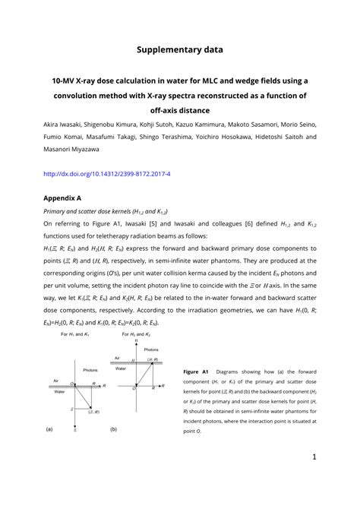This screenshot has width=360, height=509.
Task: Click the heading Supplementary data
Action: pos(180,49)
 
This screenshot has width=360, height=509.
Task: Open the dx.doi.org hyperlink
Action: pos(106,173)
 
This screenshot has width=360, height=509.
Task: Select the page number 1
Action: pos(313,457)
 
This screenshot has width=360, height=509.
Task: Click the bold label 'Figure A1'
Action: pos(198,371)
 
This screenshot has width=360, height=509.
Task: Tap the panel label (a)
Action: pos(49,429)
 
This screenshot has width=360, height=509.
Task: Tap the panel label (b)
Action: pos(113,429)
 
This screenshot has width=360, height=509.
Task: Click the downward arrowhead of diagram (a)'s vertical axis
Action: pos(74,427)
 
